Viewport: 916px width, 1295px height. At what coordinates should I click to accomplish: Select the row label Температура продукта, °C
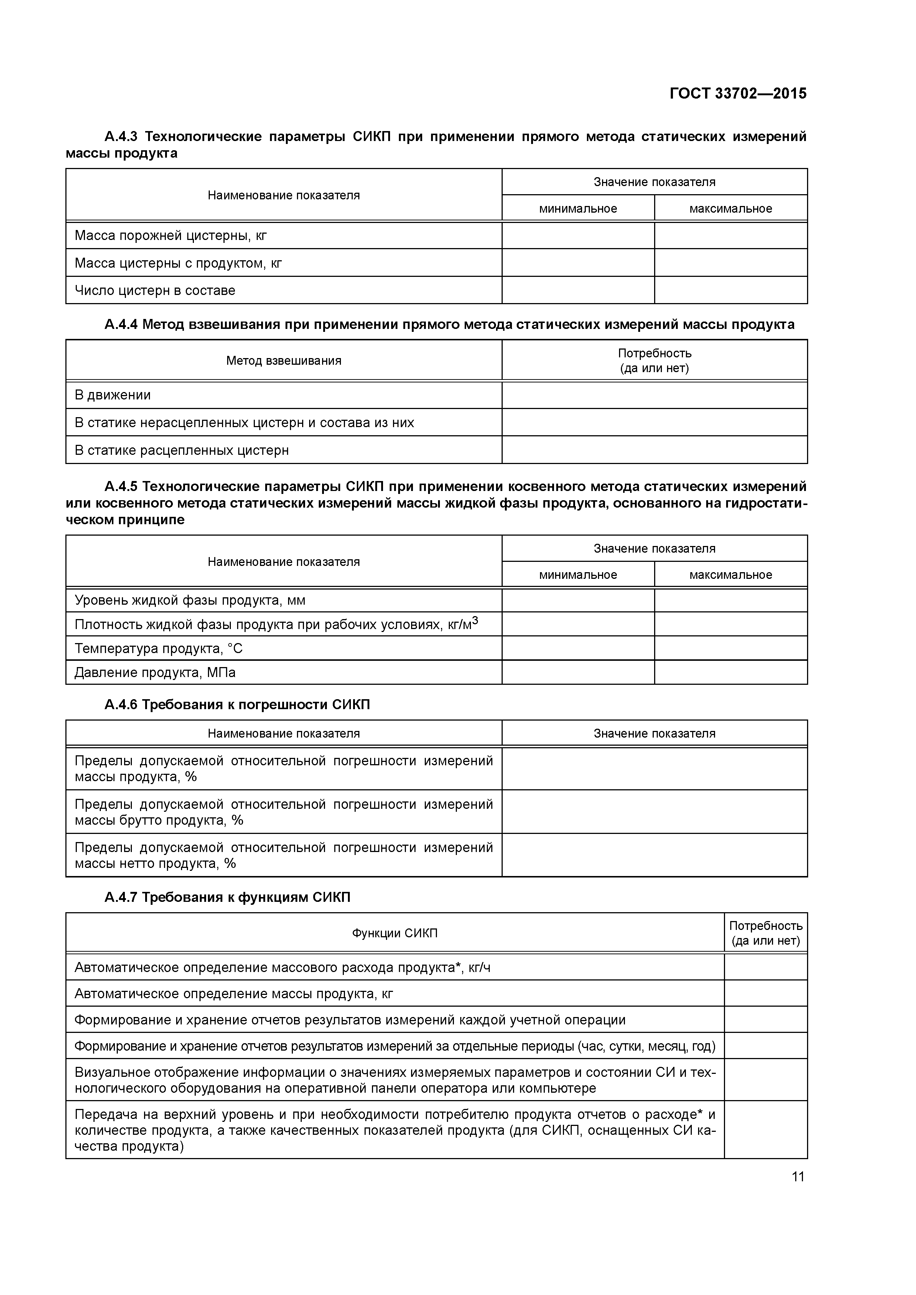pyautogui.click(x=158, y=648)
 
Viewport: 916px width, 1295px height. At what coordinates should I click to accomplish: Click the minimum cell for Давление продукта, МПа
pyautogui.click(x=578, y=672)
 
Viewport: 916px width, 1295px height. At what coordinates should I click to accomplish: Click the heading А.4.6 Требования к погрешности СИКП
pyautogui.click(x=237, y=704)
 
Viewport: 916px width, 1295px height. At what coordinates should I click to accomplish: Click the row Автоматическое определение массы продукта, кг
pyautogui.click(x=234, y=993)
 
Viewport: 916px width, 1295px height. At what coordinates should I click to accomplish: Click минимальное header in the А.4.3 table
pyautogui.click(x=578, y=209)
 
